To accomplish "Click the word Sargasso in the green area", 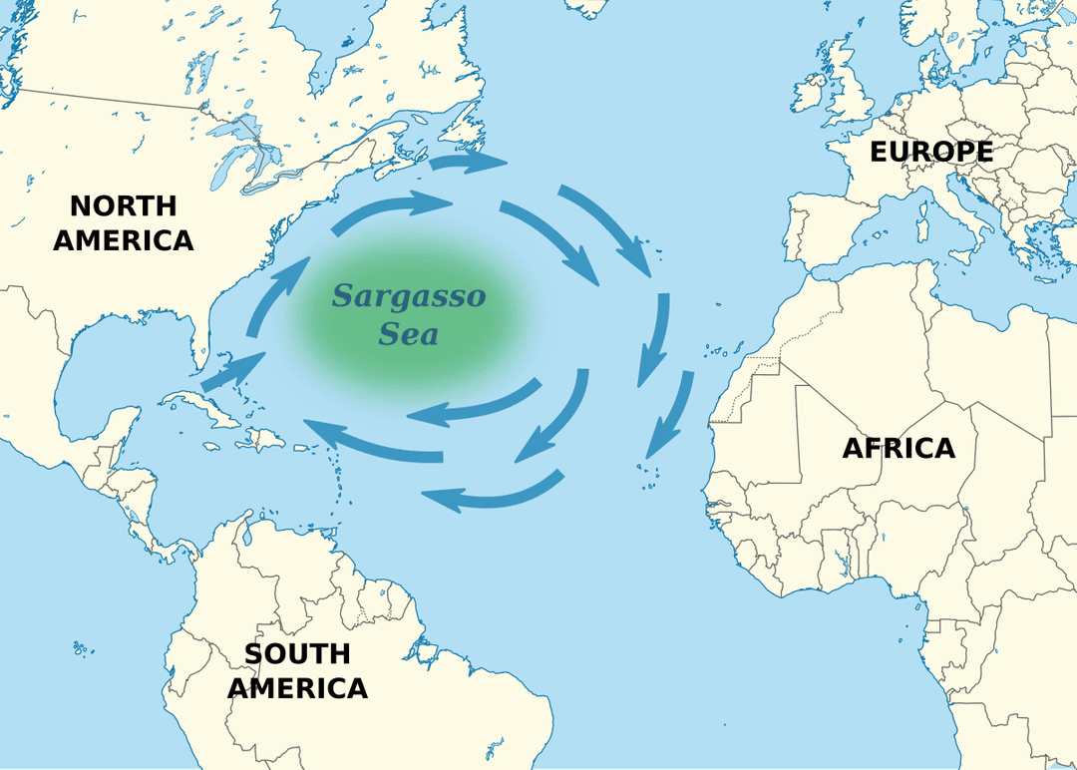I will coord(409,296).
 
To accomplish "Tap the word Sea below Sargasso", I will coord(408,333).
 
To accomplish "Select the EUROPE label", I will coord(931,152).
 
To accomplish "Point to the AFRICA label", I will coord(898,449).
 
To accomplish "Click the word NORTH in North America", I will coord(123,206).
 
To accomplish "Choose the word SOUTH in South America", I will coord(297,654).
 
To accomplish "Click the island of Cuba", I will coord(195,403).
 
